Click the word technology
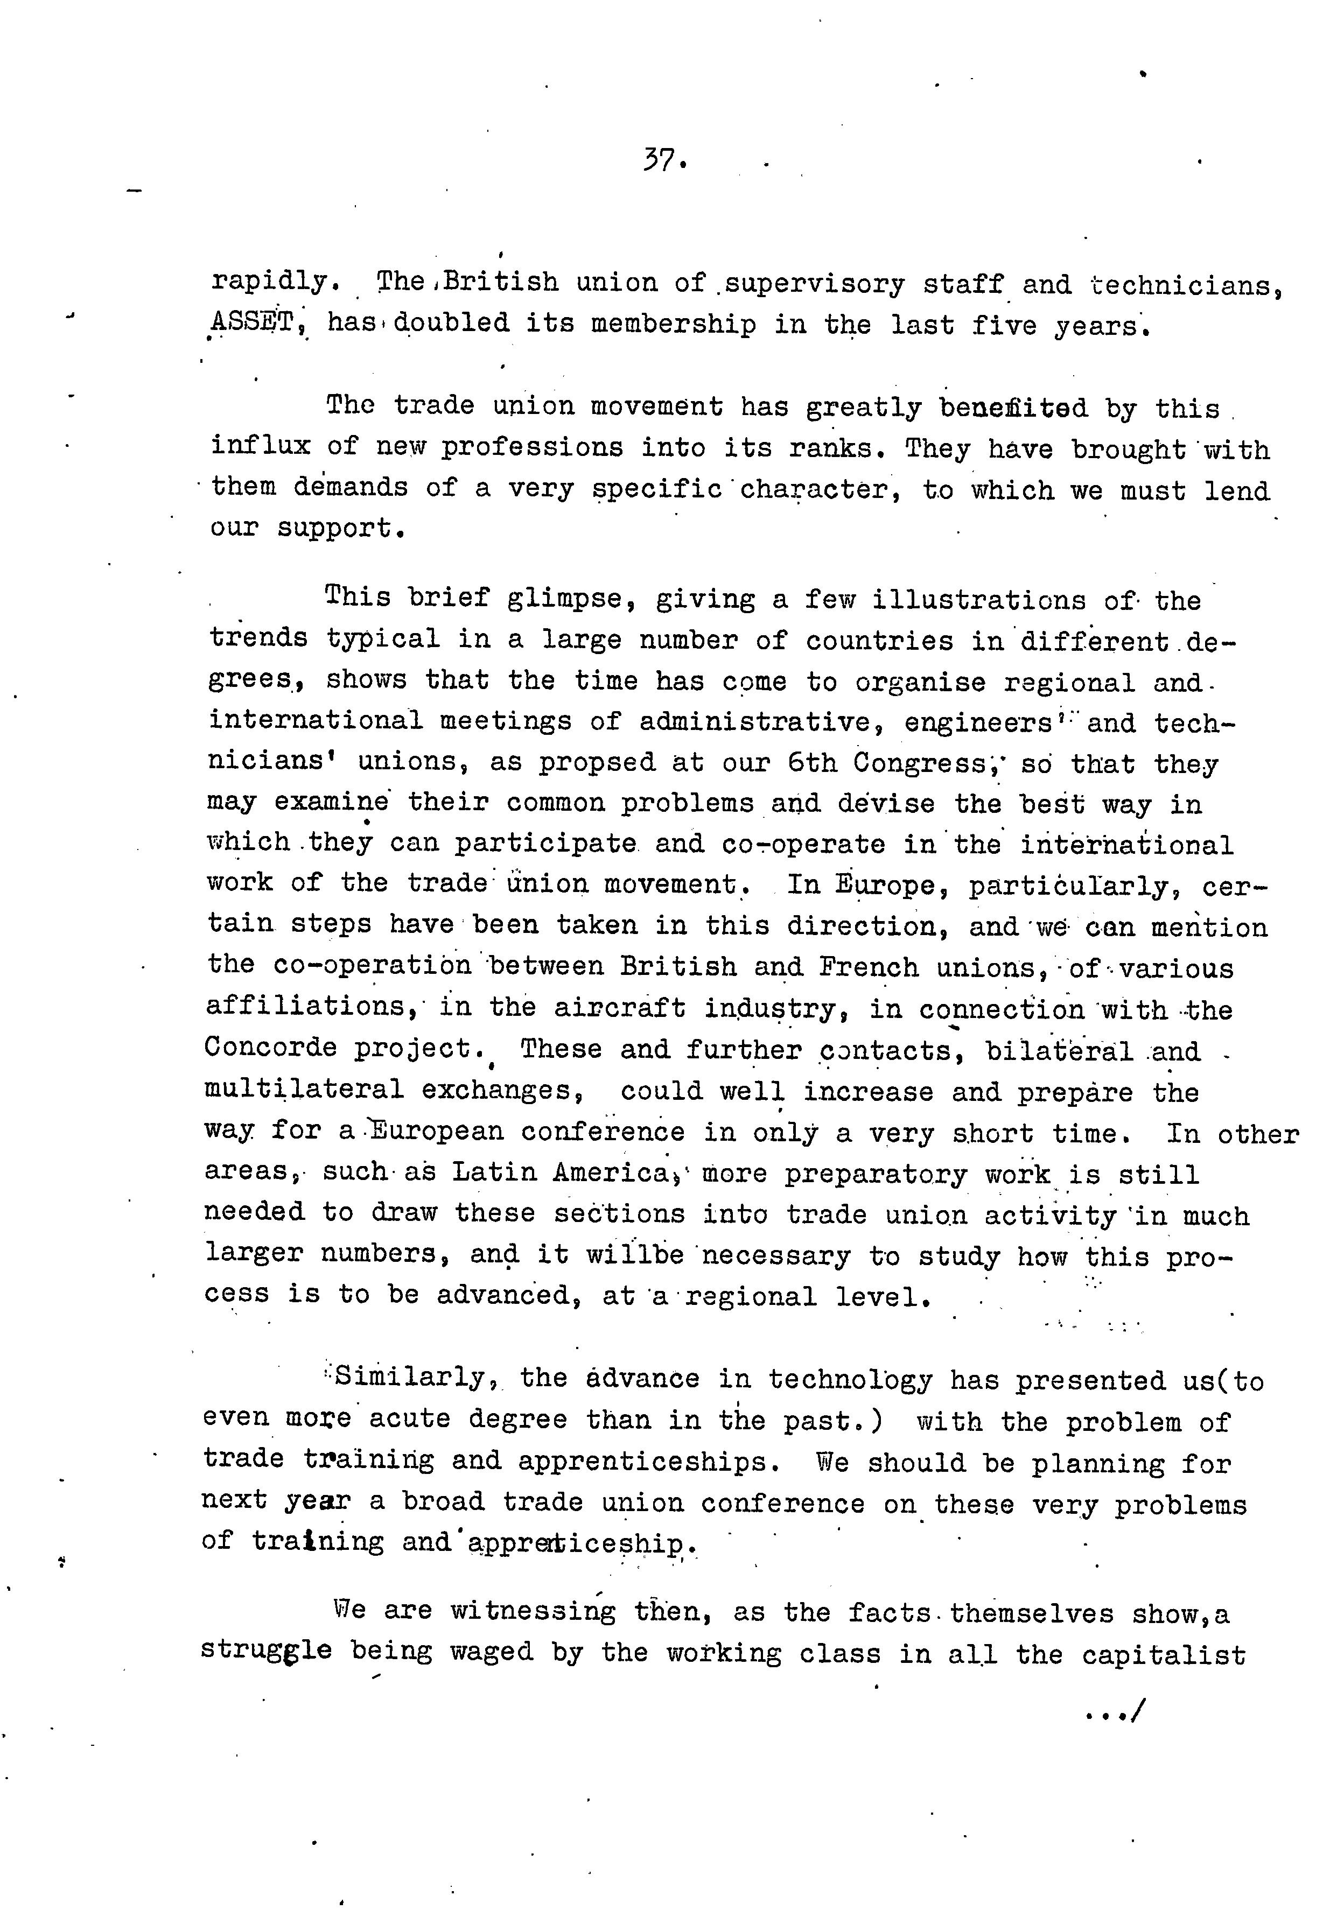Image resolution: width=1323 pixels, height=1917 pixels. point(849,1379)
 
